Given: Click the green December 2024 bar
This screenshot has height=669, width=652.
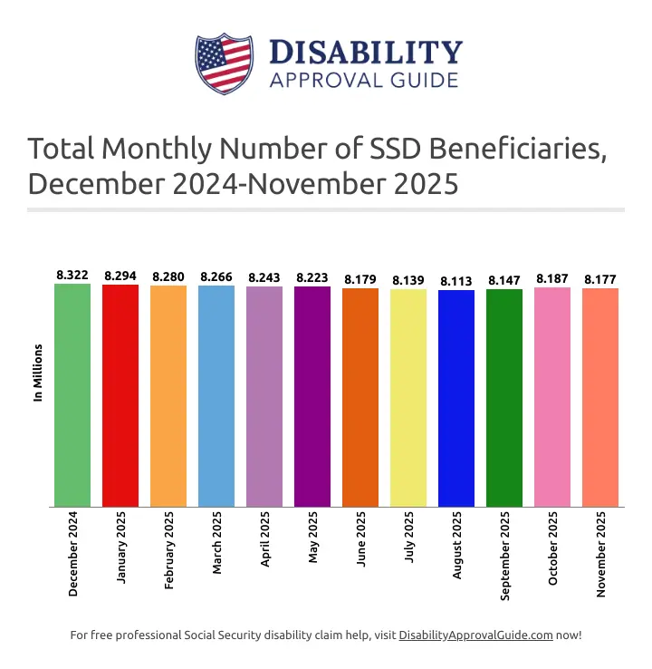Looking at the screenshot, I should coord(72,395).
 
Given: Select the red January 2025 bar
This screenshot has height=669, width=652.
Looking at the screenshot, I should coord(120,395).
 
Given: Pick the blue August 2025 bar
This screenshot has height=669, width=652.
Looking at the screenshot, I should coord(456,398).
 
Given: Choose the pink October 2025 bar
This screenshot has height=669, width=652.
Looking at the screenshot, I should coord(552,396).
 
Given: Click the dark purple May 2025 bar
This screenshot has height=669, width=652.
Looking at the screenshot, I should coord(312,396).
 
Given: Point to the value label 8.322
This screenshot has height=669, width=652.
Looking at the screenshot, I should coord(72,275).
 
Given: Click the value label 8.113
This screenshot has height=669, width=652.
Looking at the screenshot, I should coord(456,282).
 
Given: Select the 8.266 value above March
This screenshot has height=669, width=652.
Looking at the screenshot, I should coord(216,276).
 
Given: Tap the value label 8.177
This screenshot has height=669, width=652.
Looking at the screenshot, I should coord(600,279).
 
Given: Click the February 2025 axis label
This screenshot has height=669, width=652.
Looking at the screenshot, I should coord(169,555).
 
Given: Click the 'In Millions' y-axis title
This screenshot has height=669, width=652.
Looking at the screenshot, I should coord(38,373).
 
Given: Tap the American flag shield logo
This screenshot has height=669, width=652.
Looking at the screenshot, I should coord(223,63).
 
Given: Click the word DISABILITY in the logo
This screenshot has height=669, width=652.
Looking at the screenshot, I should coord(366,52).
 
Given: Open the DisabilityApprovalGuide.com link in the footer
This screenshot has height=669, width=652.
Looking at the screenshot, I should coord(475,635).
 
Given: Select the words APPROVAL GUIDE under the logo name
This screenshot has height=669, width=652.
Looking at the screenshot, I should coord(364,80).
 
